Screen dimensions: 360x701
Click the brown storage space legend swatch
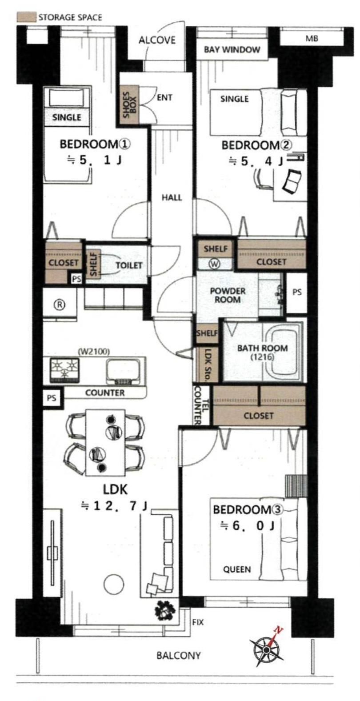pyautogui.click(x=26, y=17)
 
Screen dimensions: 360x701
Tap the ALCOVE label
pyautogui.click(x=157, y=40)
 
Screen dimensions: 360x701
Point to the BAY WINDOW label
pyautogui.click(x=232, y=49)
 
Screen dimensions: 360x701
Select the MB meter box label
pyautogui.click(x=312, y=38)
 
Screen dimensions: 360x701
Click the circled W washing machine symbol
pyautogui.click(x=215, y=264)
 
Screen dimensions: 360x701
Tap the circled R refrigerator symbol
pyautogui.click(x=60, y=304)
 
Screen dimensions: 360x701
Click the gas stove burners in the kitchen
pyautogui.click(x=65, y=370)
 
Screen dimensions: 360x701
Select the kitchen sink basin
pyautogui.click(x=123, y=371)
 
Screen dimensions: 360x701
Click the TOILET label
pyautogui.click(x=129, y=265)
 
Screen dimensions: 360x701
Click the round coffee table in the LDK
pyautogui.click(x=114, y=584)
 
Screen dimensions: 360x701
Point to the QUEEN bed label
pyautogui.click(x=237, y=569)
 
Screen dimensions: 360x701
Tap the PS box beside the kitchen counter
pyautogui.click(x=52, y=397)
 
